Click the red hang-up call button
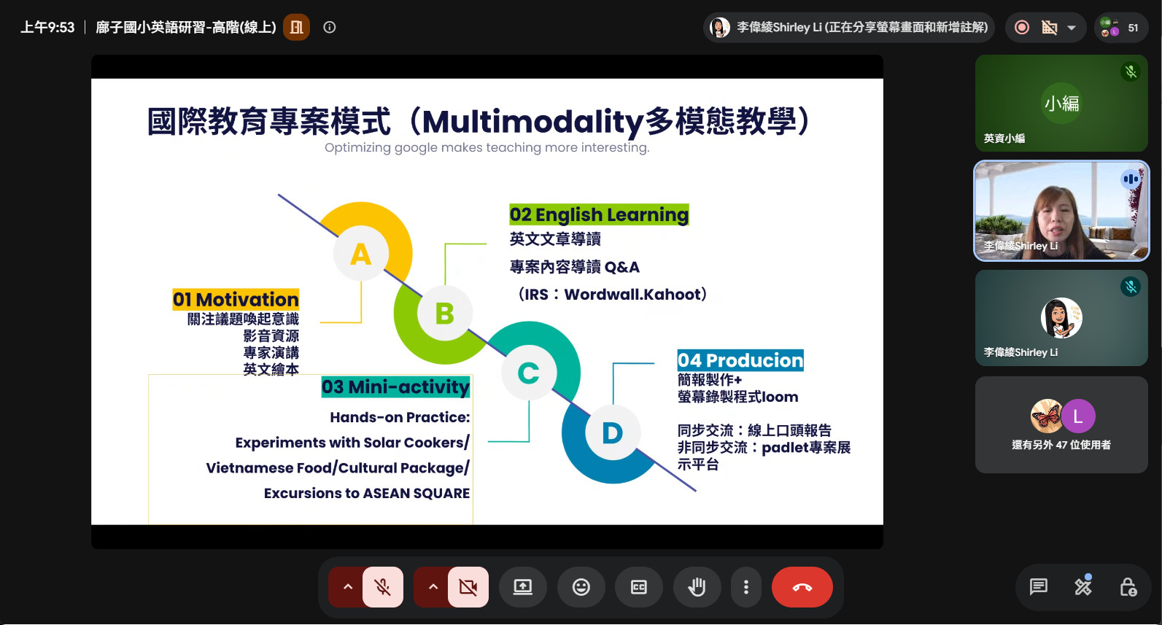(802, 587)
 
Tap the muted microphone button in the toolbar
(383, 587)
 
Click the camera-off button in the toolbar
(468, 587)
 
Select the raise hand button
(697, 587)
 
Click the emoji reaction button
(581, 587)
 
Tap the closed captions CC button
(638, 587)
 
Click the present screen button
(522, 587)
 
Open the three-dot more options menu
(746, 587)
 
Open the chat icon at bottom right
(1038, 587)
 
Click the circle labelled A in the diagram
(360, 254)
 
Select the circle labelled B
(444, 314)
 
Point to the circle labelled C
(529, 373)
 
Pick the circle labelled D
(613, 432)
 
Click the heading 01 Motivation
(236, 300)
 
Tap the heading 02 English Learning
(599, 214)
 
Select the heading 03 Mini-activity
(395, 387)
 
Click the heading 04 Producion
(740, 360)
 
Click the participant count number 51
(1133, 28)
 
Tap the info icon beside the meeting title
(330, 27)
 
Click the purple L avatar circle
(1078, 416)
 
